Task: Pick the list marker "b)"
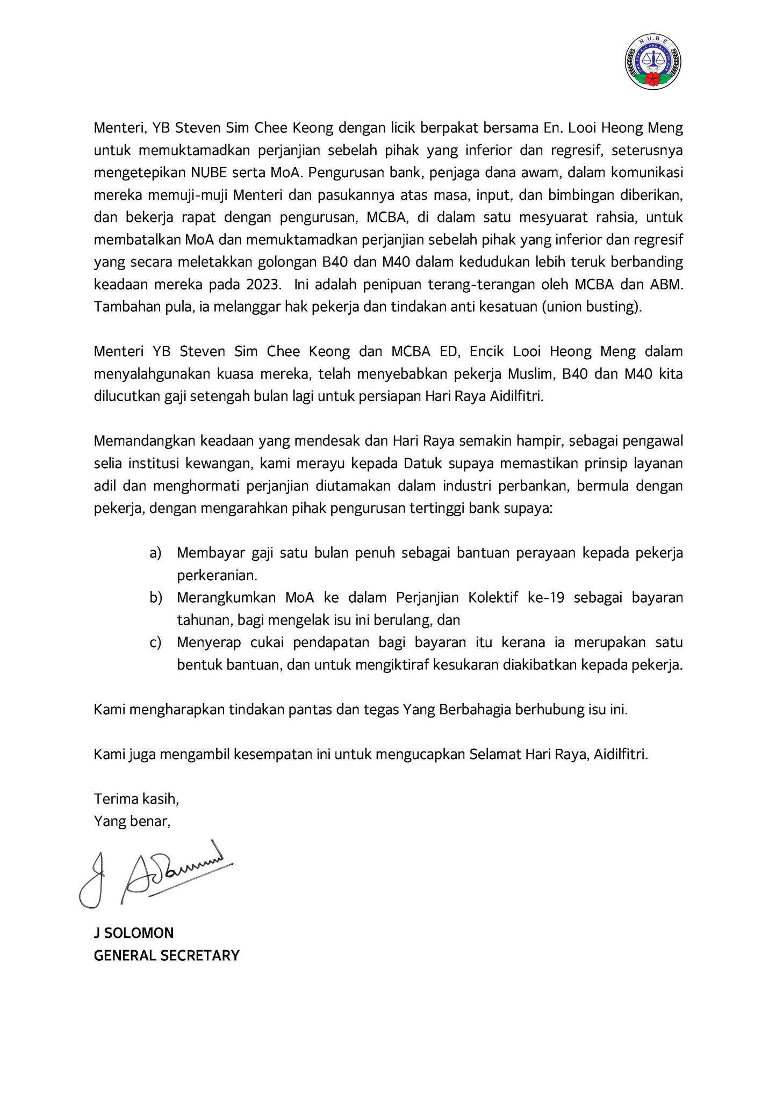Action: pyautogui.click(x=156, y=597)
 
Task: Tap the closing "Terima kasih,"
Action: pyautogui.click(x=136, y=799)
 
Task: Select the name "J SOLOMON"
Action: pyautogui.click(x=134, y=932)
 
